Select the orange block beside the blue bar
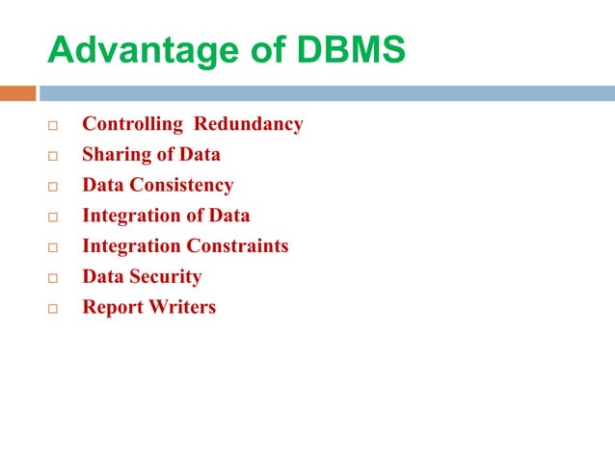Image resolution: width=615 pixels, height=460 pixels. [17, 93]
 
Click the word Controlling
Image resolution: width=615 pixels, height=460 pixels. [132, 124]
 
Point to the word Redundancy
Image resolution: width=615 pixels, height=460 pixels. [249, 124]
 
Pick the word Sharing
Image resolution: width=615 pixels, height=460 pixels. [114, 154]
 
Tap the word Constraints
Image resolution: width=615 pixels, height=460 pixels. [237, 246]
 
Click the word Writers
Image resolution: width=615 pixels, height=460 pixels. [182, 308]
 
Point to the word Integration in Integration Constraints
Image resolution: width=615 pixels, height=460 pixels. [131, 246]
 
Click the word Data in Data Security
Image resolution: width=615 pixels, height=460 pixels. [103, 277]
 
